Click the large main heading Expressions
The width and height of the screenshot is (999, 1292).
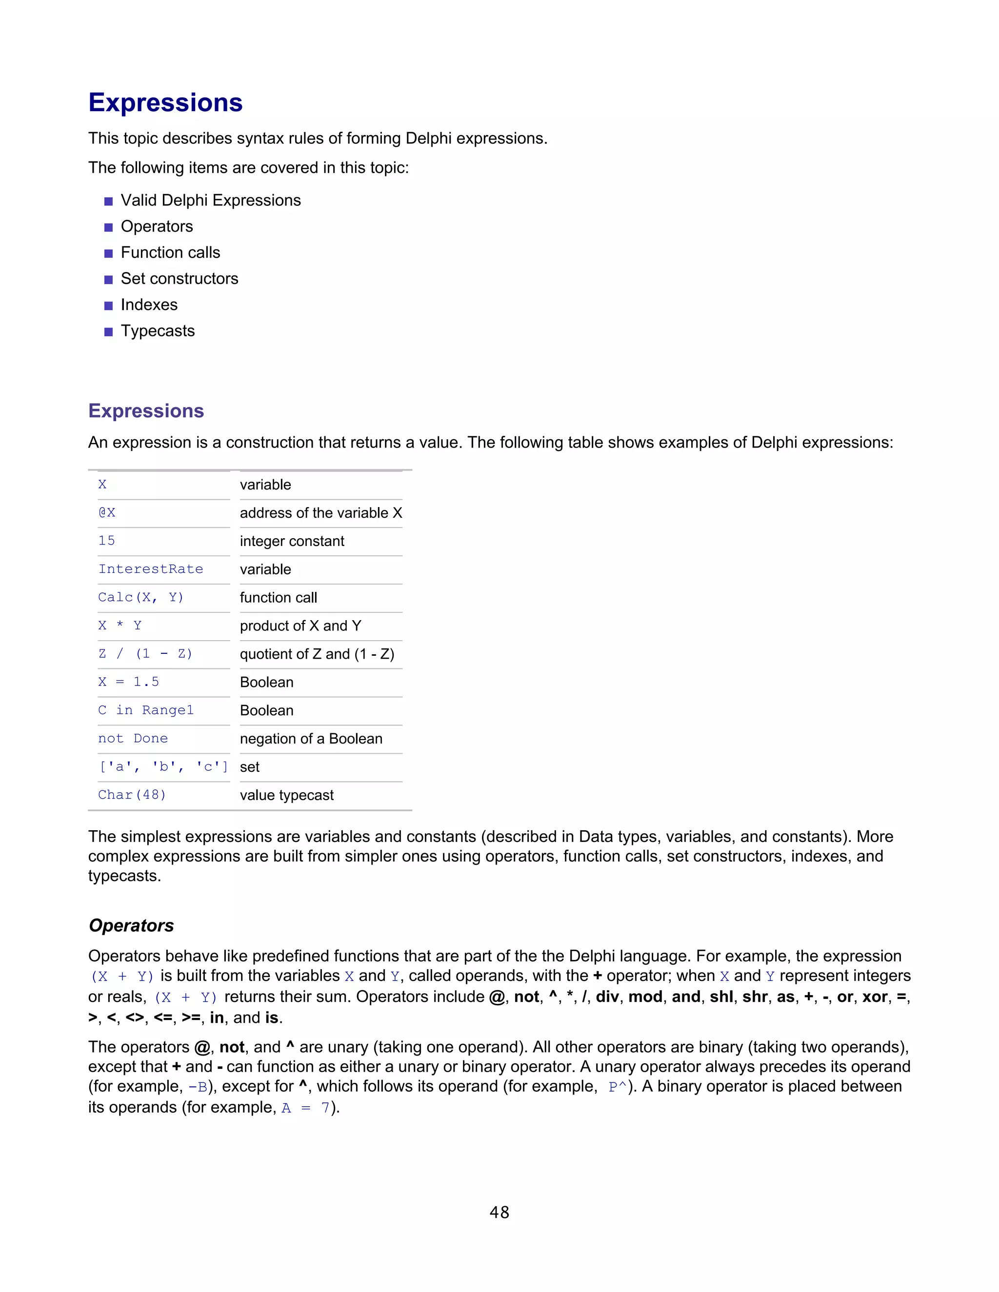tap(165, 102)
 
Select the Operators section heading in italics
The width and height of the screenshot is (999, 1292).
tap(131, 925)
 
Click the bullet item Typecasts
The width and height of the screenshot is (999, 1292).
tap(158, 331)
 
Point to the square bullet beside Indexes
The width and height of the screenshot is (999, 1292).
tap(108, 306)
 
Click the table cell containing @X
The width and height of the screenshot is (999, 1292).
tap(107, 512)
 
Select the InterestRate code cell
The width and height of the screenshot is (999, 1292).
tap(150, 569)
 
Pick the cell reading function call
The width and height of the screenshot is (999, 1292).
tap(278, 598)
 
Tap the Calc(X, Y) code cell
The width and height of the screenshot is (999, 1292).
tap(141, 598)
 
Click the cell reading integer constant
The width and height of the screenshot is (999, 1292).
tap(292, 541)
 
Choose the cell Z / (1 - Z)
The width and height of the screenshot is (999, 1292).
tap(145, 654)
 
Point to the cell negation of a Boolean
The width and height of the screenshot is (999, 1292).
tap(311, 739)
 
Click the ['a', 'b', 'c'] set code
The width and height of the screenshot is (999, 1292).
tap(163, 767)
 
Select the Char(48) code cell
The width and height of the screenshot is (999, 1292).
tap(132, 795)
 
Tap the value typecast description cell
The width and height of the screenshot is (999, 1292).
tap(286, 795)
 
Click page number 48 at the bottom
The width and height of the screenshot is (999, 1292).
tap(499, 1213)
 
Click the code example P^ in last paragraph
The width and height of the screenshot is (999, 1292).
tap(617, 1087)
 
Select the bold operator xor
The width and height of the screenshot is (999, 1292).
tap(874, 997)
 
